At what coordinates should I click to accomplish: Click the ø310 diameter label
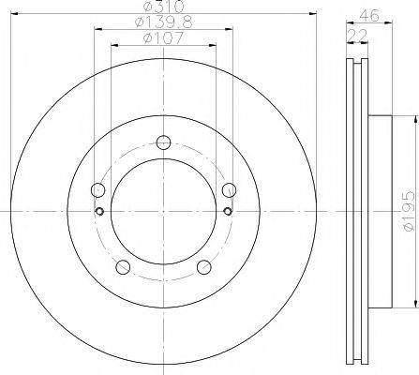click(163, 7)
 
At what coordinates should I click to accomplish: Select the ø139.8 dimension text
click(163, 22)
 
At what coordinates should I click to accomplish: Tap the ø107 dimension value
click(163, 38)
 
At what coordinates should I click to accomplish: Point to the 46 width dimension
click(369, 15)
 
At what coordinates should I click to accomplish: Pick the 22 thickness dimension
click(357, 36)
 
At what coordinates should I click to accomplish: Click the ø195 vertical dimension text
click(409, 212)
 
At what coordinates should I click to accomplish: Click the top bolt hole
click(163, 142)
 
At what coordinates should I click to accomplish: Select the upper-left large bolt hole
click(97, 189)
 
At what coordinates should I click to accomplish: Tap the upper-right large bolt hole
click(229, 189)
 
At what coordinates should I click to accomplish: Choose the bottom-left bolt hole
click(123, 267)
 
